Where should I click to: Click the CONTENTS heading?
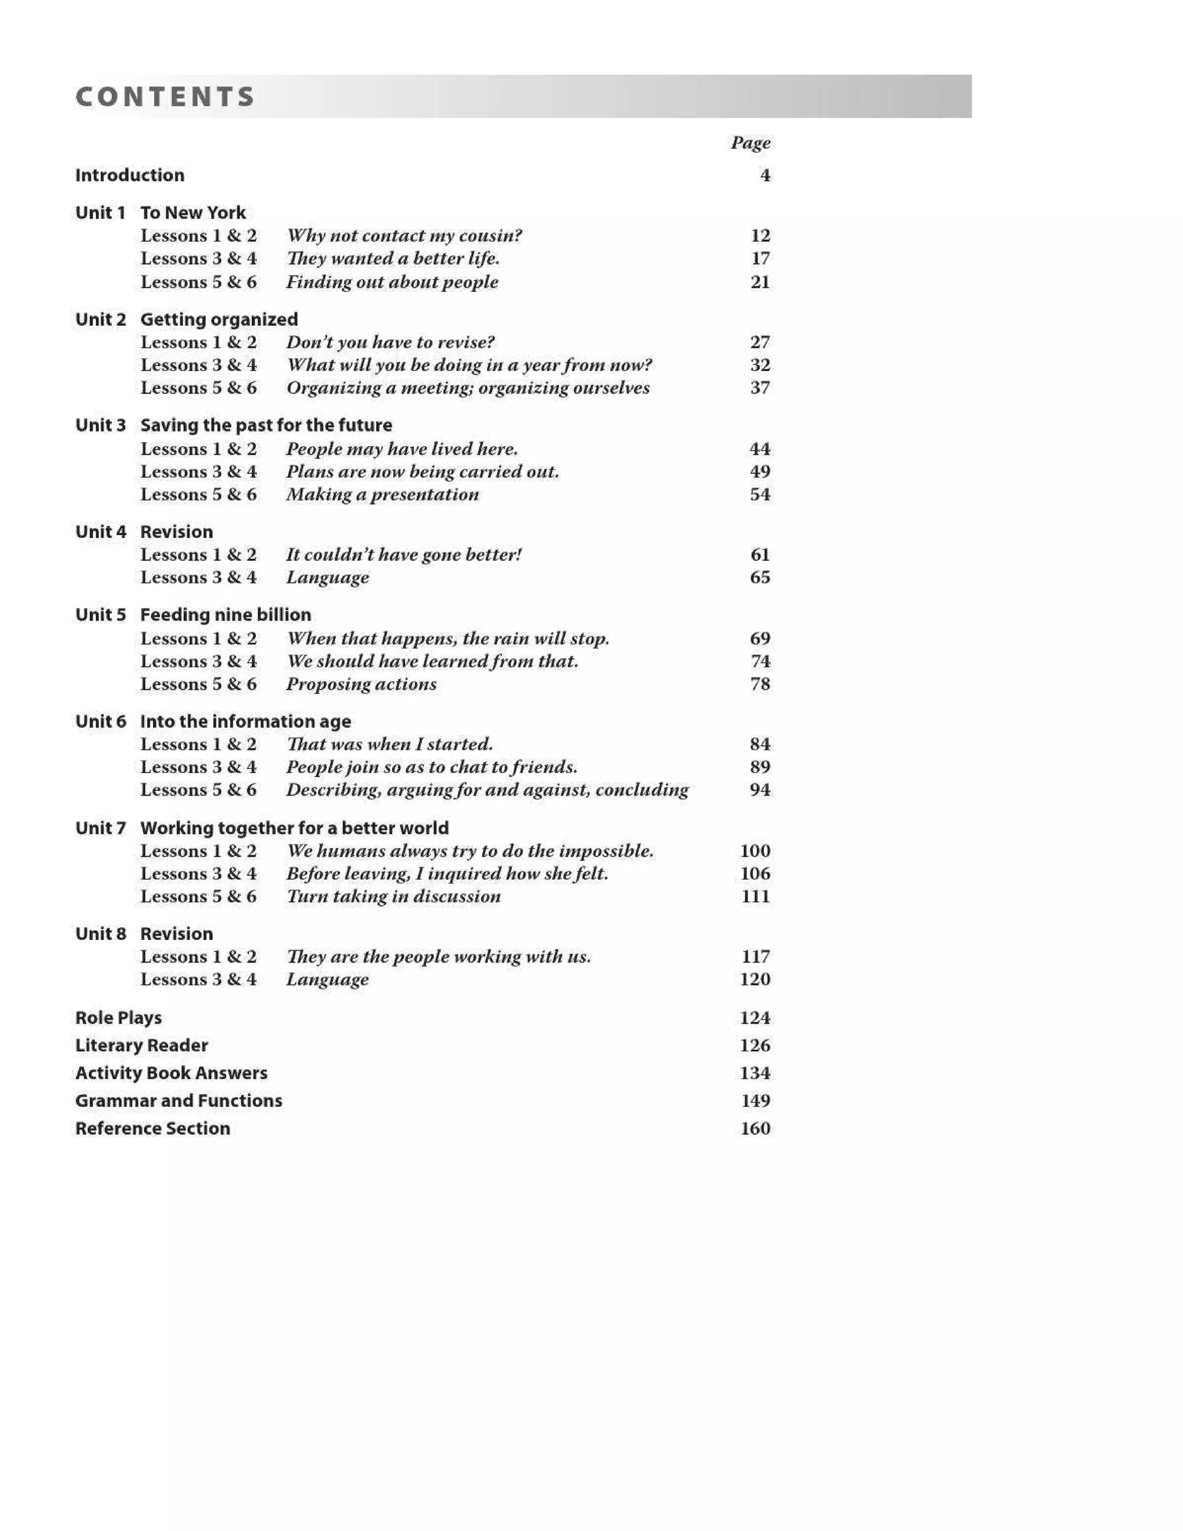point(165,96)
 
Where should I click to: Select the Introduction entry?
point(129,175)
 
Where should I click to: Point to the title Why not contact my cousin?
point(404,236)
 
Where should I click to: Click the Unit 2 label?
point(100,319)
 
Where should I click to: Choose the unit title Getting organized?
point(219,319)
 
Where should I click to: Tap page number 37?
point(760,388)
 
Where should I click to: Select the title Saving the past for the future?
point(266,426)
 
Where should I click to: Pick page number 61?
point(760,555)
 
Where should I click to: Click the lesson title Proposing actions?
point(361,683)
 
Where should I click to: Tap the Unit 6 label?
point(100,722)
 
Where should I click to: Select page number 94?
point(760,789)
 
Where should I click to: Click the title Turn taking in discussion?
point(393,896)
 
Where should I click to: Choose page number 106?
point(755,874)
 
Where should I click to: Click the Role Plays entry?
point(118,1018)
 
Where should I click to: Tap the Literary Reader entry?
point(142,1045)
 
